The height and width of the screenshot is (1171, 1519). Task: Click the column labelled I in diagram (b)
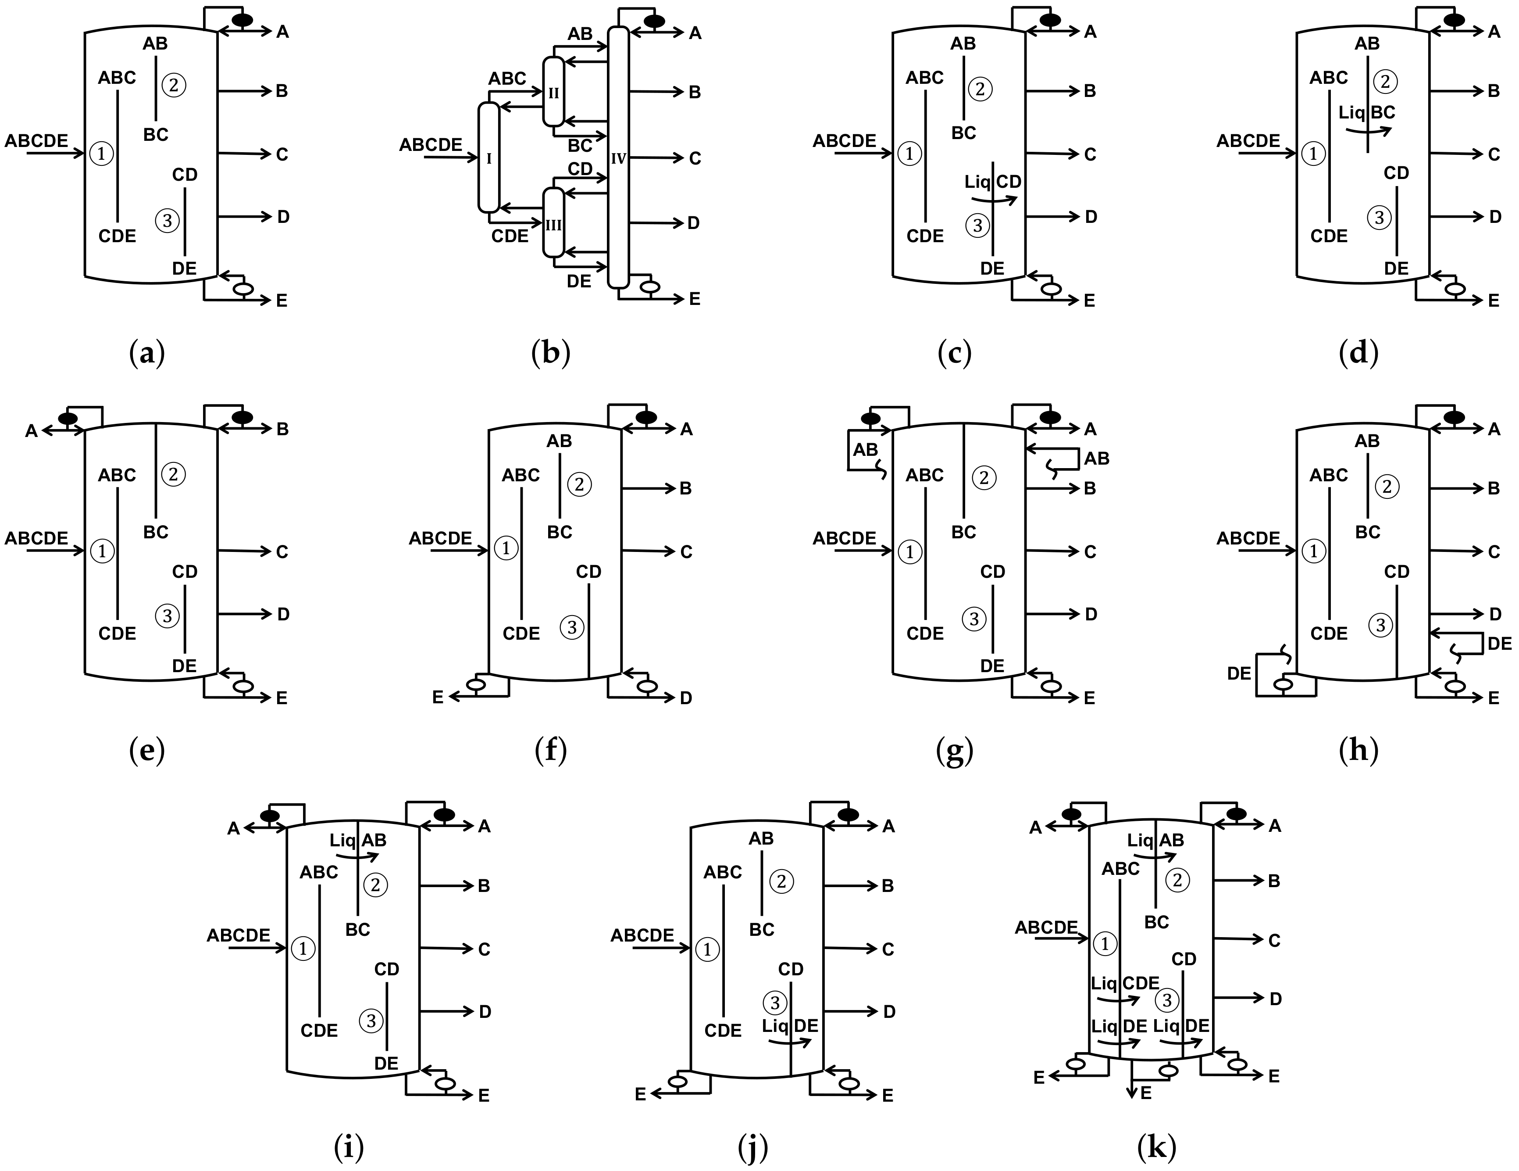pos(489,158)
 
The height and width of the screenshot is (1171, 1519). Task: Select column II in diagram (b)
pos(554,92)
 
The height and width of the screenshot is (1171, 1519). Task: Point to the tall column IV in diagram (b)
pos(618,158)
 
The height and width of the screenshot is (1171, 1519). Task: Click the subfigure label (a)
pos(147,354)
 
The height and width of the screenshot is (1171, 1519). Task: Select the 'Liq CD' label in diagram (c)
pos(992,182)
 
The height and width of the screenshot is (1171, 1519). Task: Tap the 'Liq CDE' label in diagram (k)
pos(1125,983)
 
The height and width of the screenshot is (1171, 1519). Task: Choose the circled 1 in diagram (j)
pos(707,949)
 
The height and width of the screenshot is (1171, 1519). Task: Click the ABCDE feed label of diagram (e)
pos(37,538)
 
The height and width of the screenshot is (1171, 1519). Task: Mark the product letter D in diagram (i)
pos(485,1012)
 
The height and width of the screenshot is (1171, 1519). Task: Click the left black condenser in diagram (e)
pos(68,418)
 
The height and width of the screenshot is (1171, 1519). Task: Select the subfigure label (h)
pos(1358,750)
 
